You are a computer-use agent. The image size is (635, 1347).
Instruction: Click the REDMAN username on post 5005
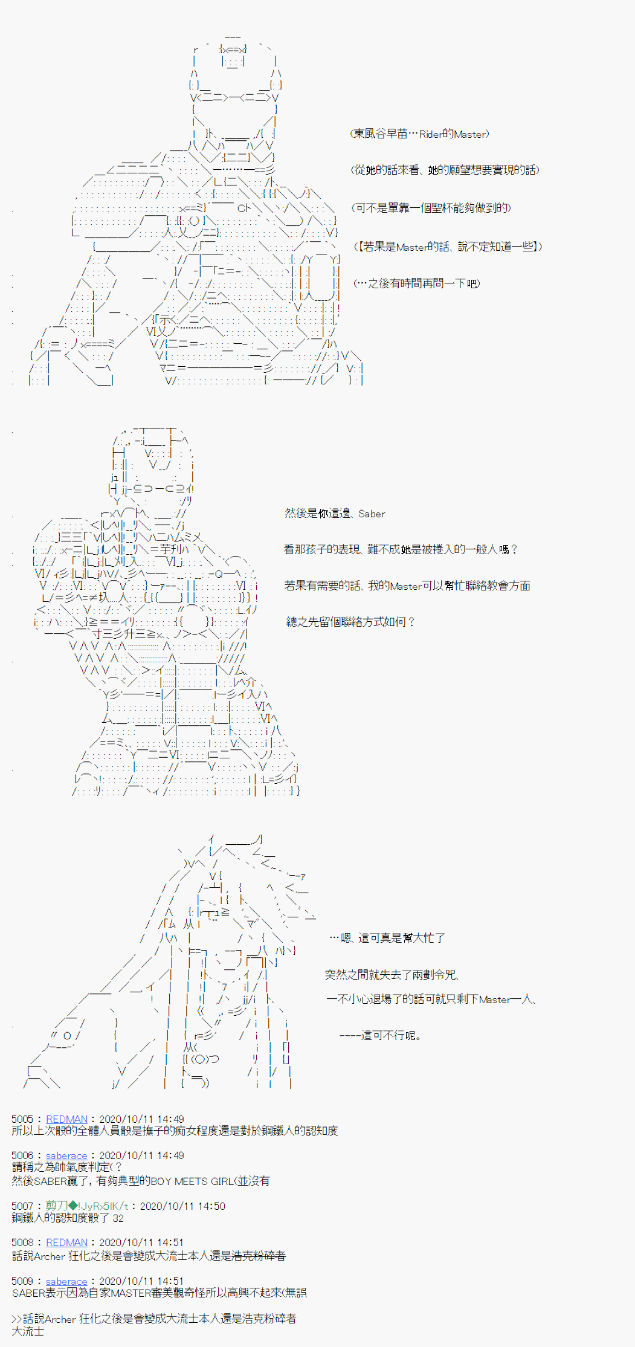(66, 1119)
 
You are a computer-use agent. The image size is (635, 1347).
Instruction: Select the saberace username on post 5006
(66, 1155)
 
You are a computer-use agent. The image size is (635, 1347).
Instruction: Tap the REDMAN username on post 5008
(66, 1242)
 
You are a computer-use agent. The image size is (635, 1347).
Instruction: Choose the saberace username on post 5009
(66, 1281)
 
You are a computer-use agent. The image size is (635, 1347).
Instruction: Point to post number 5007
(22, 1206)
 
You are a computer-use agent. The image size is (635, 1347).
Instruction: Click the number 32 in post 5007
(118, 1218)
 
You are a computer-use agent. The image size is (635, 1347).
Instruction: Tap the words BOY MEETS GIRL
(190, 1181)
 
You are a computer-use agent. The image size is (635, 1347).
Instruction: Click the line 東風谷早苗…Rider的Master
(419, 134)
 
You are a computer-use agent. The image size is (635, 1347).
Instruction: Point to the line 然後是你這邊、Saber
(335, 514)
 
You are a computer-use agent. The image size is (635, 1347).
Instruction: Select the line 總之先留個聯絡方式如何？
(350, 622)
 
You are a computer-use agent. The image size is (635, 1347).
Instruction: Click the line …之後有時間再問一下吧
(416, 283)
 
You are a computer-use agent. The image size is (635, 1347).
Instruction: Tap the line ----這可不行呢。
(380, 1035)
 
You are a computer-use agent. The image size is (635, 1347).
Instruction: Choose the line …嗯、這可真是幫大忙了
(387, 938)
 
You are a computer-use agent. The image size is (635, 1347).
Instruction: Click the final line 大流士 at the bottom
(28, 1331)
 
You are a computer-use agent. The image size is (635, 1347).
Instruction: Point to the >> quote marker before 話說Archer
(16, 1319)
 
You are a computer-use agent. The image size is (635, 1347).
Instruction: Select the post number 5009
(22, 1281)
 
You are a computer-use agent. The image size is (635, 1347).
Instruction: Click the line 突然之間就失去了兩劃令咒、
(392, 974)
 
